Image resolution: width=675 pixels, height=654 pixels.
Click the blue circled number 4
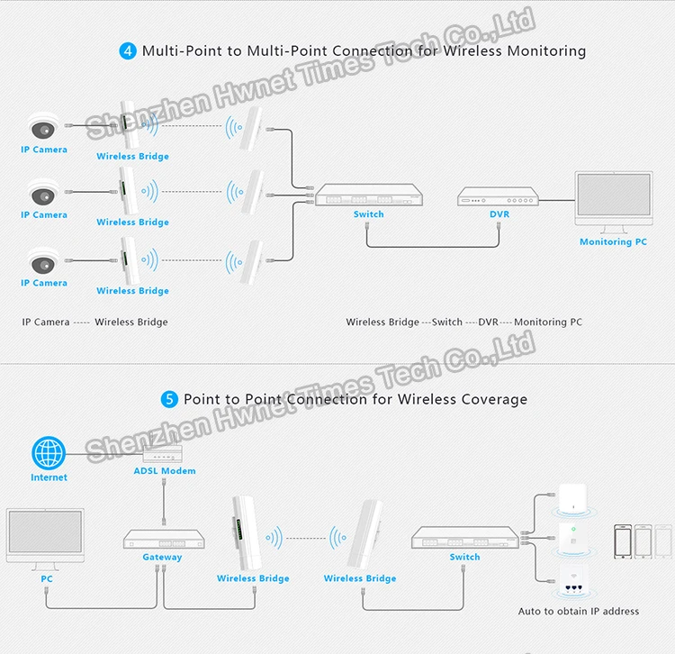coord(128,50)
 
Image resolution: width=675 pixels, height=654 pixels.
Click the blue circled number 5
coord(169,399)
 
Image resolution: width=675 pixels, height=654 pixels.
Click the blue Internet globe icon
coord(49,453)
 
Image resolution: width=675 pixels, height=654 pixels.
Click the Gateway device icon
coord(162,538)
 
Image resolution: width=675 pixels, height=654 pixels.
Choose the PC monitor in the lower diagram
coord(46,537)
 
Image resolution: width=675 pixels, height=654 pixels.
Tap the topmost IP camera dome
coord(43,126)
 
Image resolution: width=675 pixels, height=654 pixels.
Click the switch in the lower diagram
coord(464,538)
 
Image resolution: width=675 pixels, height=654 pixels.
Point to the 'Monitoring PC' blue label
coord(613,241)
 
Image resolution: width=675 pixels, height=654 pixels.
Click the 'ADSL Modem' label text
coord(165,471)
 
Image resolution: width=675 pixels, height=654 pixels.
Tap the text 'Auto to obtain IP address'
coord(579,611)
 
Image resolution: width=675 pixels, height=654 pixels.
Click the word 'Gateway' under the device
coord(162,557)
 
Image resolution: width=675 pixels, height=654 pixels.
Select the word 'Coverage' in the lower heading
coord(493,399)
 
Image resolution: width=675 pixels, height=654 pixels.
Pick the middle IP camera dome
coord(43,192)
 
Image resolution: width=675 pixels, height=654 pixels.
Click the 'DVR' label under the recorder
coord(499,214)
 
